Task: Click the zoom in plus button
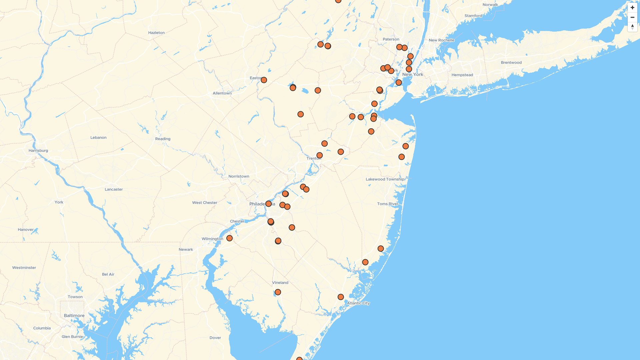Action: pos(632,8)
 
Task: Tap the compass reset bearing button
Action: pos(632,27)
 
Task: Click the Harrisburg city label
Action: pos(38,151)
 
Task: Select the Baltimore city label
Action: pos(74,316)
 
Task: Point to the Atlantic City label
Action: pos(358,303)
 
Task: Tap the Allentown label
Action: pos(222,93)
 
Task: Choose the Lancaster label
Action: pos(114,190)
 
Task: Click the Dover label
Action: pos(215,338)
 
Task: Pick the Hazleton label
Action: pos(156,33)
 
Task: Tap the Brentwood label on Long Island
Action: pos(511,63)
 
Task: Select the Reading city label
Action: pos(163,139)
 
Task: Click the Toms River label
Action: pos(388,204)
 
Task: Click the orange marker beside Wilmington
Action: pos(229,238)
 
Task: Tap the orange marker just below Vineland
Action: pos(278,292)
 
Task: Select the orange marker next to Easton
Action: pos(264,80)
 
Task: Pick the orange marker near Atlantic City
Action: pos(341,297)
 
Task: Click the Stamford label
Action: pos(473,16)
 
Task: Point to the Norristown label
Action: pos(239,177)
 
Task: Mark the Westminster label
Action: pos(24,268)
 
